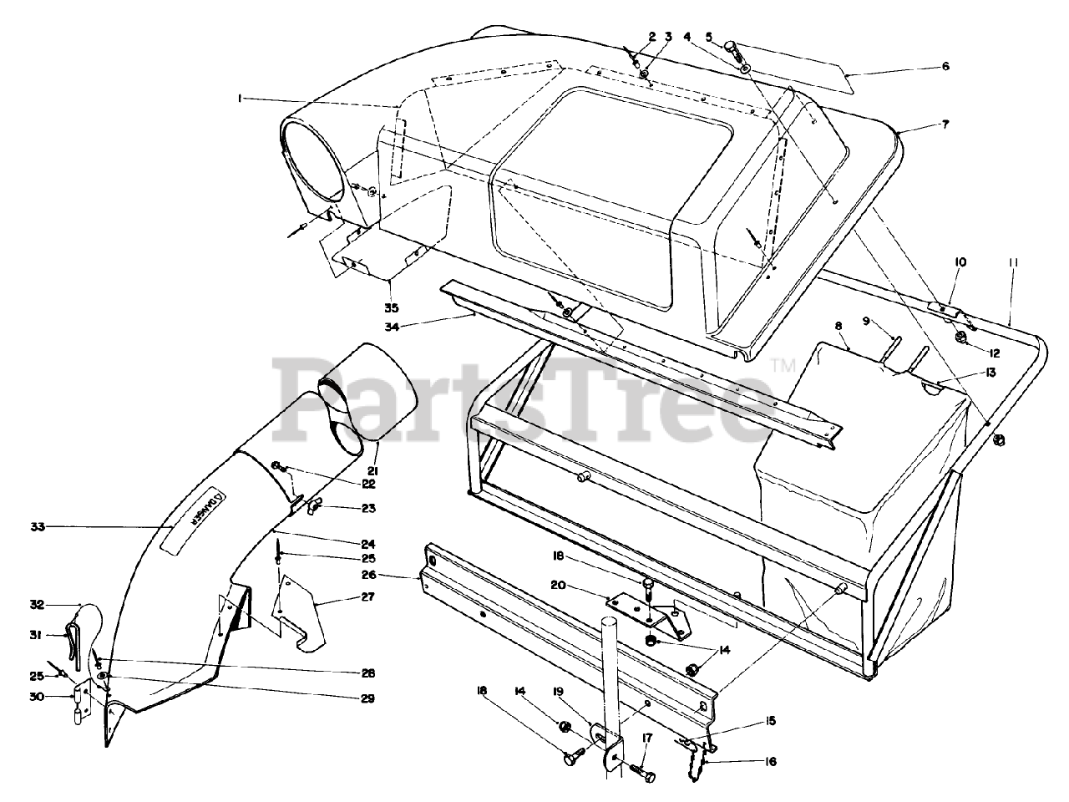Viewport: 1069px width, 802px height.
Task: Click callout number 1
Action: point(239,99)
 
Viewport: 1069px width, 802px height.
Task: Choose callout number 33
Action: point(37,526)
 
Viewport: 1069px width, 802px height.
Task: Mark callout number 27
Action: point(367,597)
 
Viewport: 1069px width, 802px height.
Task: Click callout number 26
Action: point(393,575)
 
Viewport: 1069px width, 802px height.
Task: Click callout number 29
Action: point(367,698)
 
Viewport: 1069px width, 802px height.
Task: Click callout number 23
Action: point(368,507)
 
